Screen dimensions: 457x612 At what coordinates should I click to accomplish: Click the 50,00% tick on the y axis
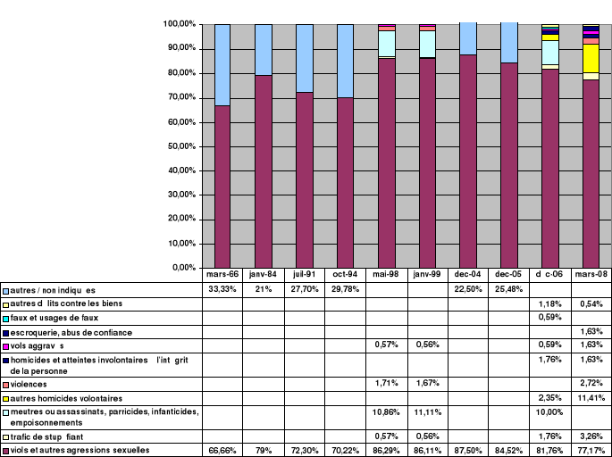click(182, 145)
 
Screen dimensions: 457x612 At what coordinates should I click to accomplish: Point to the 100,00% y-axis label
click(180, 23)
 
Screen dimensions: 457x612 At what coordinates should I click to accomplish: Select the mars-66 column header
click(222, 275)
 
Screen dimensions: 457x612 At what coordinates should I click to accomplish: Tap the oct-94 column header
click(346, 275)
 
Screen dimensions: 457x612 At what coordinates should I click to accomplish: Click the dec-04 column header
click(469, 275)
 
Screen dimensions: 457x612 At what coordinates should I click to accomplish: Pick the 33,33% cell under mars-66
click(222, 290)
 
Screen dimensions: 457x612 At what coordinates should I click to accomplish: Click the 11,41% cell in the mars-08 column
click(591, 397)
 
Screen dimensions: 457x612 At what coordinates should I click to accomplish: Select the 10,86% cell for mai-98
click(387, 412)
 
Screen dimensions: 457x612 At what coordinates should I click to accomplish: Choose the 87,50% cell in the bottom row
click(469, 450)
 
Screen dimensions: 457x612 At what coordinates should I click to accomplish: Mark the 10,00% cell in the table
click(550, 412)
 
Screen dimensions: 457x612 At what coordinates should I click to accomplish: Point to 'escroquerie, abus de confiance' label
click(71, 332)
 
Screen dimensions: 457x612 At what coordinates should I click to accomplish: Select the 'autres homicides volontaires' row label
click(68, 397)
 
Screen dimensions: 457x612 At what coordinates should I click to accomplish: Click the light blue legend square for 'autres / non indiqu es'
click(5, 291)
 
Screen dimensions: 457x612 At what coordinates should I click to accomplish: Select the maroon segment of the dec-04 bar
click(469, 161)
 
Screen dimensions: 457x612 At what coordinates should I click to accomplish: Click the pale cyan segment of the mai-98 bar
click(387, 43)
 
